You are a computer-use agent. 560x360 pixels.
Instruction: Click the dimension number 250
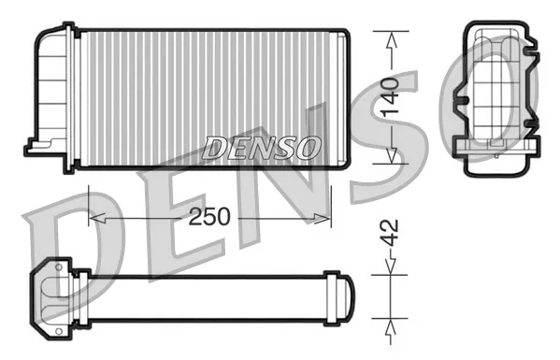pos(209,216)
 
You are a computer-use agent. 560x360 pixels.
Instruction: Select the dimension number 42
pos(390,233)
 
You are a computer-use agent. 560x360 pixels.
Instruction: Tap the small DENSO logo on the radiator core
pos(261,148)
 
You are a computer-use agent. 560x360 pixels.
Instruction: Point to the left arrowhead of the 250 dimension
pos(97,218)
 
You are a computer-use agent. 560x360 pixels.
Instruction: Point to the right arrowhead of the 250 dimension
pos(323,218)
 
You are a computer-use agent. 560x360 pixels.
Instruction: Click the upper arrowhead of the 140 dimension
pos(392,40)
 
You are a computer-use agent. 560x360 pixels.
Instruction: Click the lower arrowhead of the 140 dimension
pos(392,154)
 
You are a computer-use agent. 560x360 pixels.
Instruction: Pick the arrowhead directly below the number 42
pos(391,266)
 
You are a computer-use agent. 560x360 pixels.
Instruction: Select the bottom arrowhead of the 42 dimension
pos(391,326)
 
